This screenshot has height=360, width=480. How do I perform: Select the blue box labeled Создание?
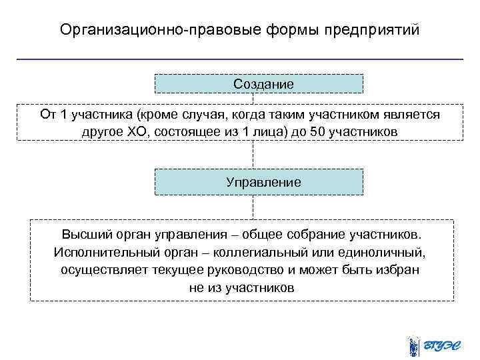(259, 83)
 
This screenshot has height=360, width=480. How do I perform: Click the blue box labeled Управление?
(259, 181)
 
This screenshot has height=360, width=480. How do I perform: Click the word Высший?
(83, 235)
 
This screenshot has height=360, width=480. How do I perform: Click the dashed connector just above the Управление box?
(253, 155)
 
